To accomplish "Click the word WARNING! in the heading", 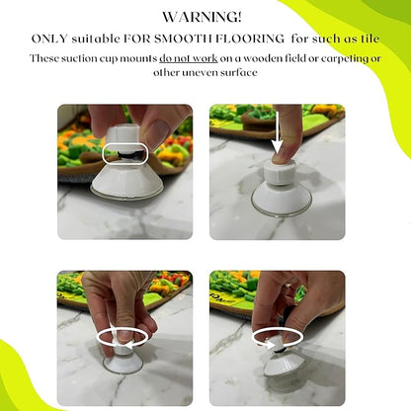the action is pos(203,17).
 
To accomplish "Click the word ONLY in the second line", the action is pos(49,39).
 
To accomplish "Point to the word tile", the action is pos(370,39).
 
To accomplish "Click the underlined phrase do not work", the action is pos(189,58).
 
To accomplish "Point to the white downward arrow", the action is pos(278,132).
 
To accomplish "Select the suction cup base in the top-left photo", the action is pos(127,182).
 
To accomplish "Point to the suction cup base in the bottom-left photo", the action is pos(123,363).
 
